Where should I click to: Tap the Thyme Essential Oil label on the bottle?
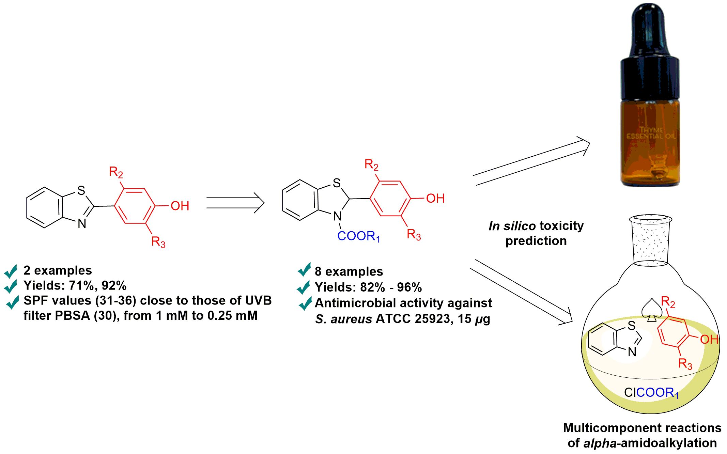(651, 133)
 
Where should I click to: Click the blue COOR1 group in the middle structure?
(358, 236)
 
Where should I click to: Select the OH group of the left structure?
(180, 206)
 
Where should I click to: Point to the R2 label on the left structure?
(116, 172)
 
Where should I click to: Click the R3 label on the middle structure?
(414, 235)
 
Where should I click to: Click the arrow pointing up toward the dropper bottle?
(531, 162)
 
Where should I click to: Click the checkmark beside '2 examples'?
(11, 271)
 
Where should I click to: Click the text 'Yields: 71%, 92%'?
(75, 285)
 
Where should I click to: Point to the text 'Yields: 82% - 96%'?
(368, 287)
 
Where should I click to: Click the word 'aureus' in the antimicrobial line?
(351, 319)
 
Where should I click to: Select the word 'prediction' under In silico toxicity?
(536, 241)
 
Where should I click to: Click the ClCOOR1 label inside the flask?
(651, 393)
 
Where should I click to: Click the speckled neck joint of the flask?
(650, 240)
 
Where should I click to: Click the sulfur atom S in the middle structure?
(337, 183)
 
